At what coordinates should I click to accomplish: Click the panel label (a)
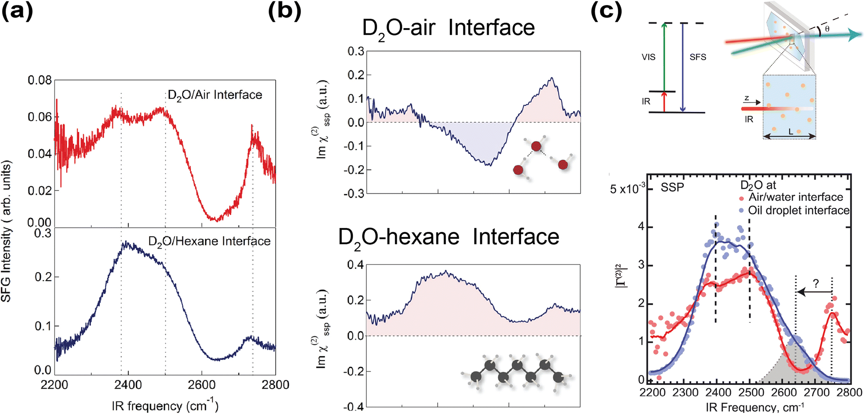(17, 12)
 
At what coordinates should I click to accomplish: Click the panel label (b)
(284, 12)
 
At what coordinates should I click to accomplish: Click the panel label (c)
(606, 12)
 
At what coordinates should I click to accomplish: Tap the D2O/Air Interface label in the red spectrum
(215, 95)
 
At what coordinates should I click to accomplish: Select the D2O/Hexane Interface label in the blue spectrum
(209, 241)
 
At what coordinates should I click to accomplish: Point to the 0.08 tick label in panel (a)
(39, 80)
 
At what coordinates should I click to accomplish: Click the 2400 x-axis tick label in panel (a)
(128, 385)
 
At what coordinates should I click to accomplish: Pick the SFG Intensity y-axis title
(6, 231)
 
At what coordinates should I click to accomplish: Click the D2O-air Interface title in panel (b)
(448, 29)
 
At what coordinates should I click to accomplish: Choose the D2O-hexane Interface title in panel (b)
(448, 238)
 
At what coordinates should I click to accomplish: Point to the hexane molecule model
(517, 373)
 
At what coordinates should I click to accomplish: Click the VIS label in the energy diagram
(648, 57)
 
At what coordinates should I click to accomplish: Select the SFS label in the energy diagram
(698, 57)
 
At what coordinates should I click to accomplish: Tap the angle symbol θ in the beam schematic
(827, 29)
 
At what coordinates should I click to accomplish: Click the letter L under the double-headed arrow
(791, 131)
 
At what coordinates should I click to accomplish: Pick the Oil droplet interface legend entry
(798, 211)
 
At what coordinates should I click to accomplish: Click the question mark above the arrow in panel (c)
(816, 284)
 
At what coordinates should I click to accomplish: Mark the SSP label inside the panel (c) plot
(672, 188)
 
